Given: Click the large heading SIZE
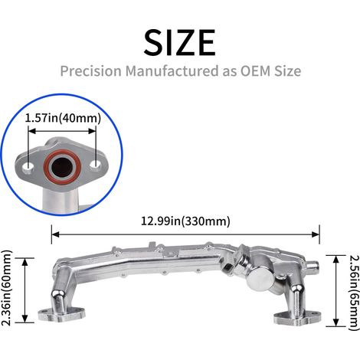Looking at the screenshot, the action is click(180, 42).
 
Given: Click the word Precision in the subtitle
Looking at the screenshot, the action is click(91, 70).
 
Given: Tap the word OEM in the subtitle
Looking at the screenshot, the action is click(255, 70).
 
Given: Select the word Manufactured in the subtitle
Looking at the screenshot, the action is click(172, 70).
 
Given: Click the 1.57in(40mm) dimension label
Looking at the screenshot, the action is click(63, 118).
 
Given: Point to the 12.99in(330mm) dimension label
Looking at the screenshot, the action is click(185, 221).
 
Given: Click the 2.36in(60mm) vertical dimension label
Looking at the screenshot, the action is click(6, 287).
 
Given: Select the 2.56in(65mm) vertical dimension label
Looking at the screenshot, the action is click(354, 293).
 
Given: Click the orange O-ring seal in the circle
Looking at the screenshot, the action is click(62, 167).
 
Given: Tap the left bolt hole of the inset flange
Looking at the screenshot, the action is click(28, 167).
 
